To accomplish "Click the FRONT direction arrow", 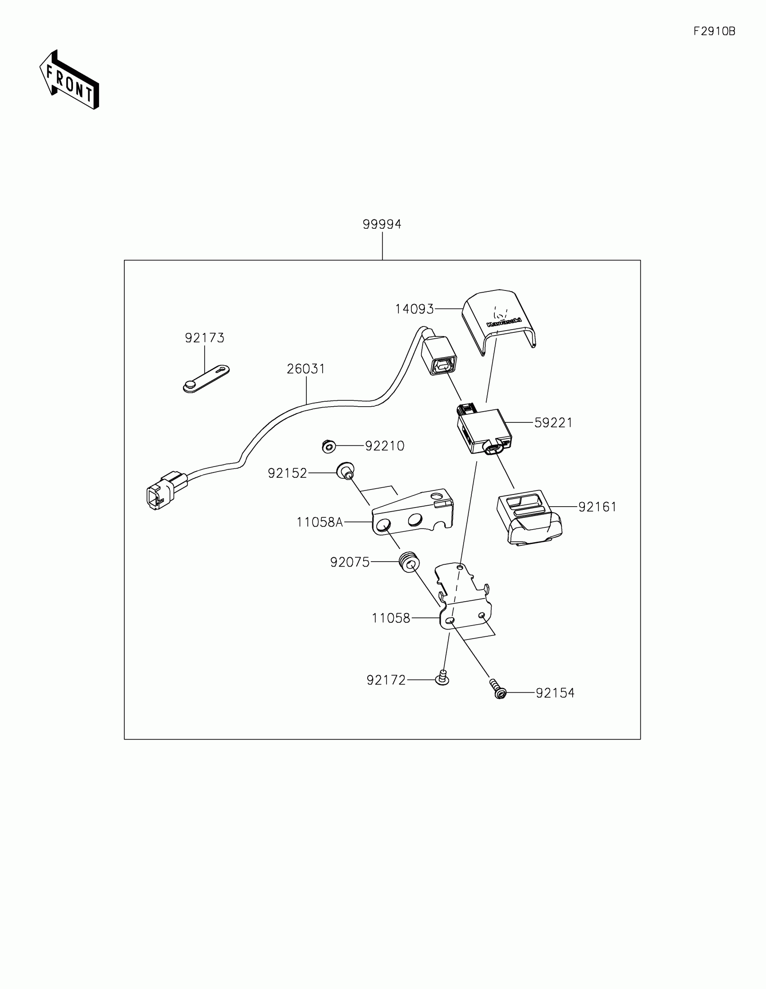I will pyautogui.click(x=69, y=81).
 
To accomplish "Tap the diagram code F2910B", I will pyautogui.click(x=714, y=31).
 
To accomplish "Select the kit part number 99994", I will pyautogui.click(x=382, y=224).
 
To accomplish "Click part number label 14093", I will pyautogui.click(x=414, y=309).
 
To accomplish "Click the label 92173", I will pyautogui.click(x=204, y=338).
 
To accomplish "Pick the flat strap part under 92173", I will pyautogui.click(x=206, y=379).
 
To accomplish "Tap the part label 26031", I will pyautogui.click(x=306, y=369).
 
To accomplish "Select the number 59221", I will pyautogui.click(x=553, y=422).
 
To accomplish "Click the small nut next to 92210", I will pyautogui.click(x=328, y=447).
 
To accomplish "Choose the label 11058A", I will pyautogui.click(x=319, y=522).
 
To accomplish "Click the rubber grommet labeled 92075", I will pyautogui.click(x=409, y=563).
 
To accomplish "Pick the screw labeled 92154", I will pyautogui.click(x=498, y=689).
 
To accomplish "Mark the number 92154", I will pyautogui.click(x=555, y=693).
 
